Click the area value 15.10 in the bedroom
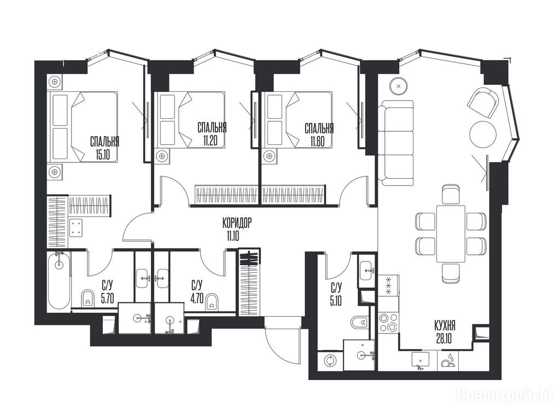[x=104, y=154]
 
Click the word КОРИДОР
[x=237, y=224]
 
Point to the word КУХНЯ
[x=445, y=326]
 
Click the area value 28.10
[x=444, y=338]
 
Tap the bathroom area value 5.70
[x=107, y=299]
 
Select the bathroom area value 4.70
[x=197, y=299]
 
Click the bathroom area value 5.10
[x=336, y=301]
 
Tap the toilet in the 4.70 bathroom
[x=212, y=301]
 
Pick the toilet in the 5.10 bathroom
[x=359, y=323]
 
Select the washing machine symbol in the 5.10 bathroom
[x=329, y=361]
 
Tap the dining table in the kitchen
[x=451, y=234]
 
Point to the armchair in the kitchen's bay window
[x=482, y=102]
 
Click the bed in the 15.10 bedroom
[x=84, y=126]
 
